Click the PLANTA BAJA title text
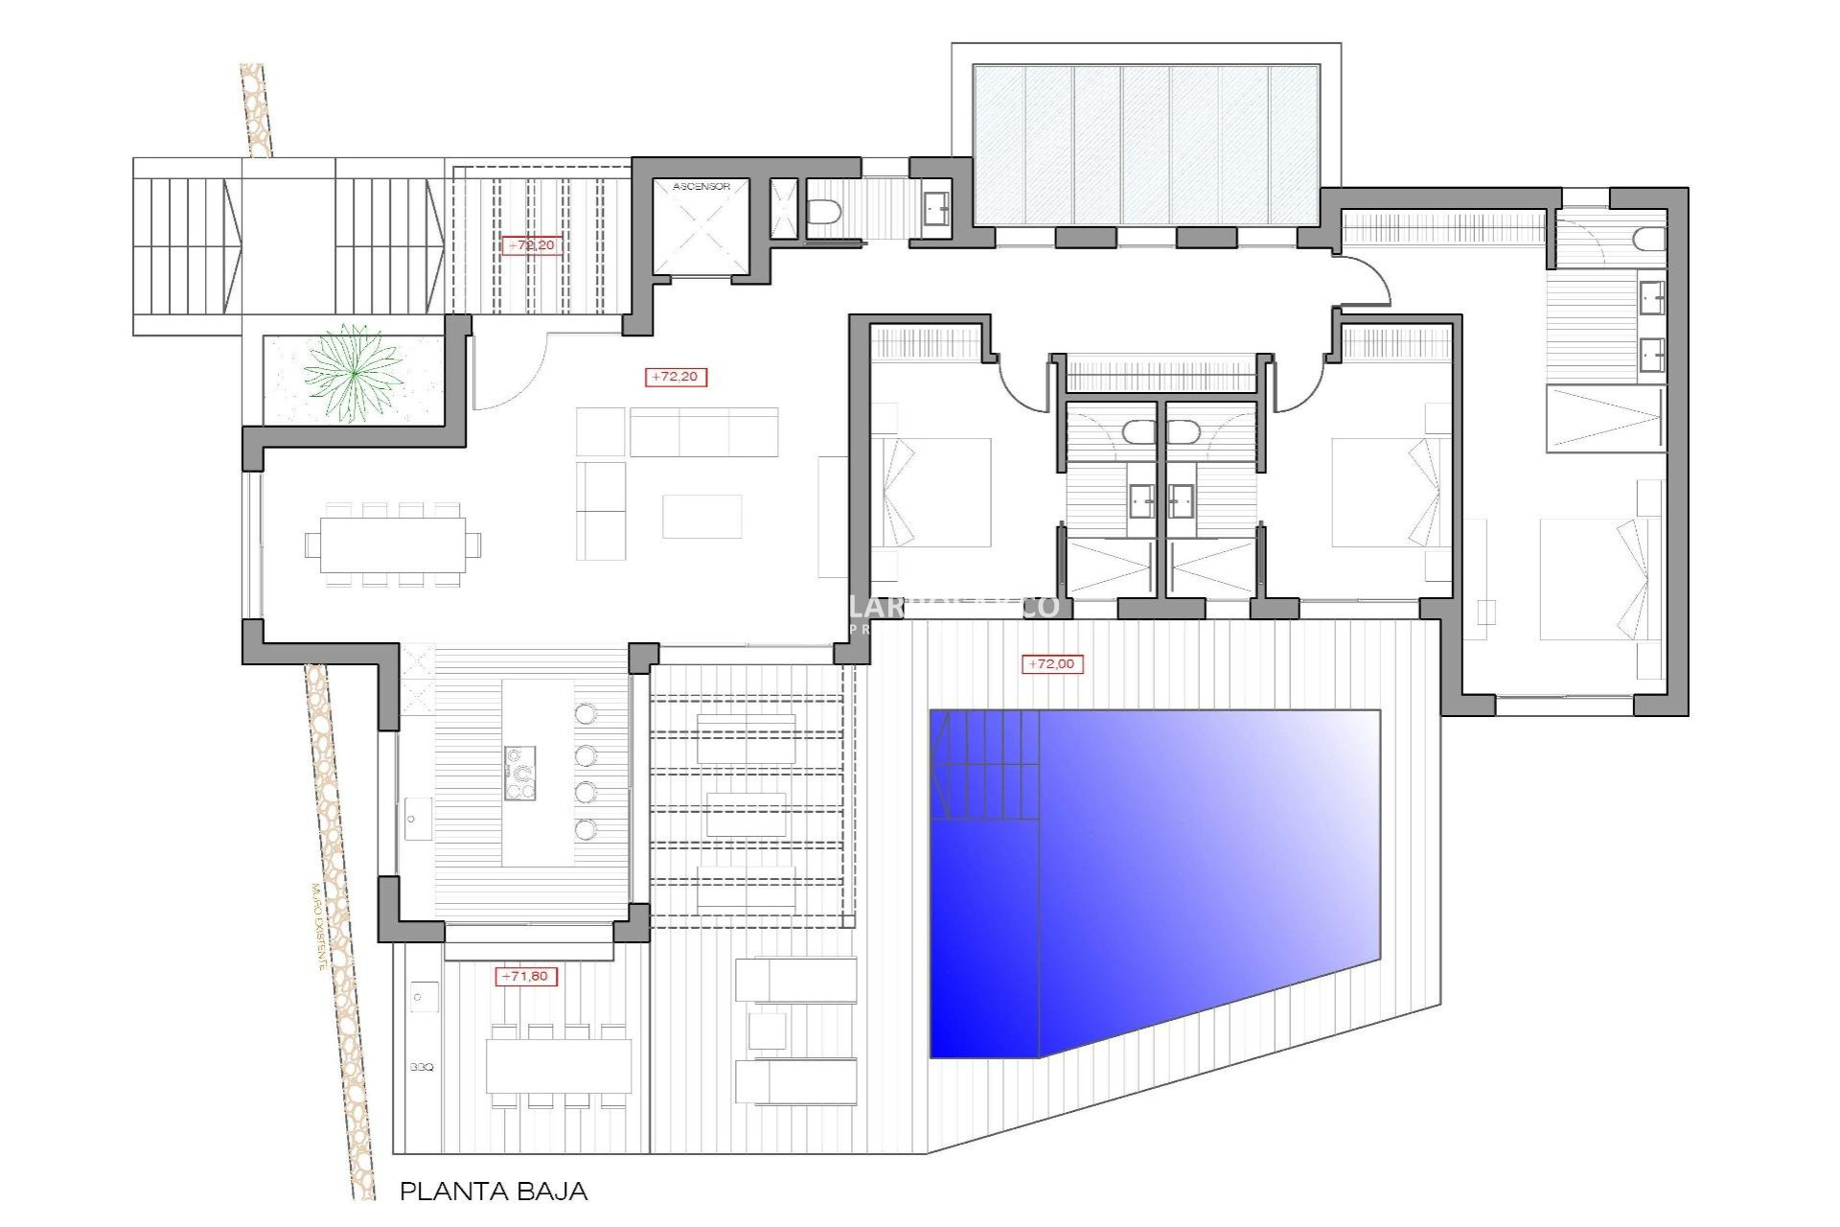(493, 1192)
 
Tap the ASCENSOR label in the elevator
(701, 186)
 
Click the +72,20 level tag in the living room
(676, 377)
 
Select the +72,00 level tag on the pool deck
(1051, 663)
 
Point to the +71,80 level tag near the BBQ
(525, 976)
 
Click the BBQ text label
(422, 1067)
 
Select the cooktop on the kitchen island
(520, 773)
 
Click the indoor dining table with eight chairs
(393, 544)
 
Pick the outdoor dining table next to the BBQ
(558, 1066)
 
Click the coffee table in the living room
(701, 517)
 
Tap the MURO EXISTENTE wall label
(319, 926)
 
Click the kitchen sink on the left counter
(418, 820)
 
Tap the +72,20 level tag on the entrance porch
(530, 245)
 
